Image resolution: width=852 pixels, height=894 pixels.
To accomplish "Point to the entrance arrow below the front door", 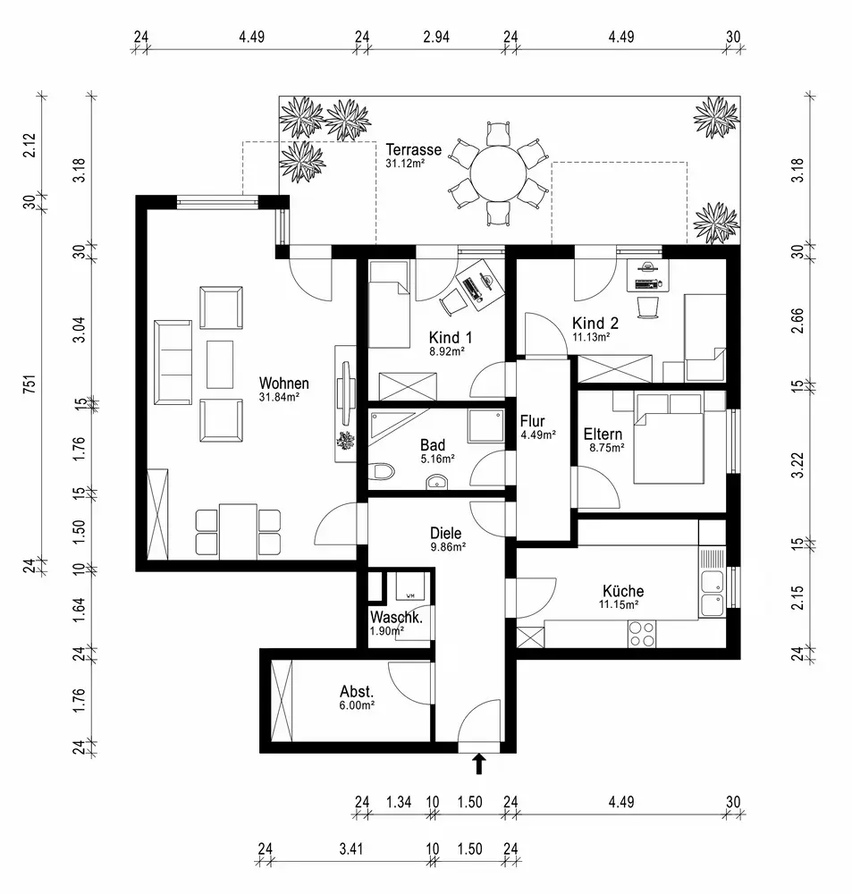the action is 479,764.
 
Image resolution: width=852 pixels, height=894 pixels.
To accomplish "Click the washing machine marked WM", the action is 410,590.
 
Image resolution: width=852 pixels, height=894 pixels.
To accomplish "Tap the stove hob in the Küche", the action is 641,634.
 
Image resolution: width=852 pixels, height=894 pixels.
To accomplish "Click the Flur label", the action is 533,422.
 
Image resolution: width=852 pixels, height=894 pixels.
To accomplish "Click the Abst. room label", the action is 356,691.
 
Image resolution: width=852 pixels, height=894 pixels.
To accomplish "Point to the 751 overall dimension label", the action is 29,386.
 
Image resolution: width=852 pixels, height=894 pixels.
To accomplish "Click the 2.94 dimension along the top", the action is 435,37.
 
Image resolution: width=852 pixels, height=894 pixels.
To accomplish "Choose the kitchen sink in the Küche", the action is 713,593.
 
